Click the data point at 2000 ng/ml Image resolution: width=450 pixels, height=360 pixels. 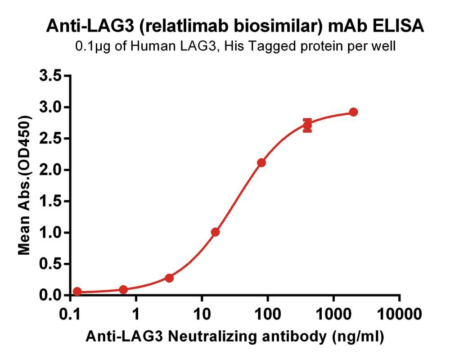tap(353, 112)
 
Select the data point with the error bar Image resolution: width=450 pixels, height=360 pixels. tap(307, 126)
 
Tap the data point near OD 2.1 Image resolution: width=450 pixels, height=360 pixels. tap(261, 162)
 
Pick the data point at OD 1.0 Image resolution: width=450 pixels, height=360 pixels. tap(215, 232)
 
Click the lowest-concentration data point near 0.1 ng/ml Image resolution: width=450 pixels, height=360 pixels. tap(77, 292)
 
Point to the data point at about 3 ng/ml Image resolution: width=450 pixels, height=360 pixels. tap(169, 278)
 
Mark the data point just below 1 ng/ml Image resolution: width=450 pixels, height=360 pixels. tap(123, 289)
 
